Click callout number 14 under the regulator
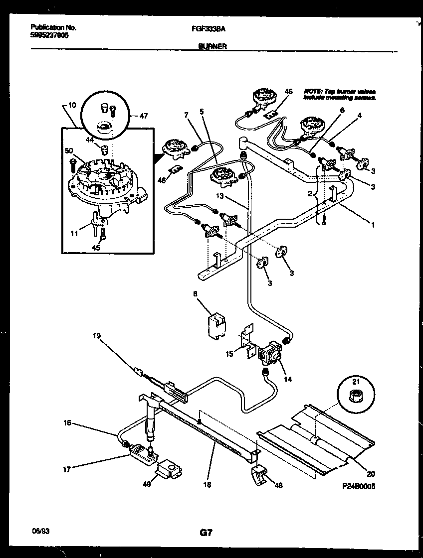288,379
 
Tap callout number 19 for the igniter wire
97,336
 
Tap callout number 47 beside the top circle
144,116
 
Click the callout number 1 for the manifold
373,224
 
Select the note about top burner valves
339,95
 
